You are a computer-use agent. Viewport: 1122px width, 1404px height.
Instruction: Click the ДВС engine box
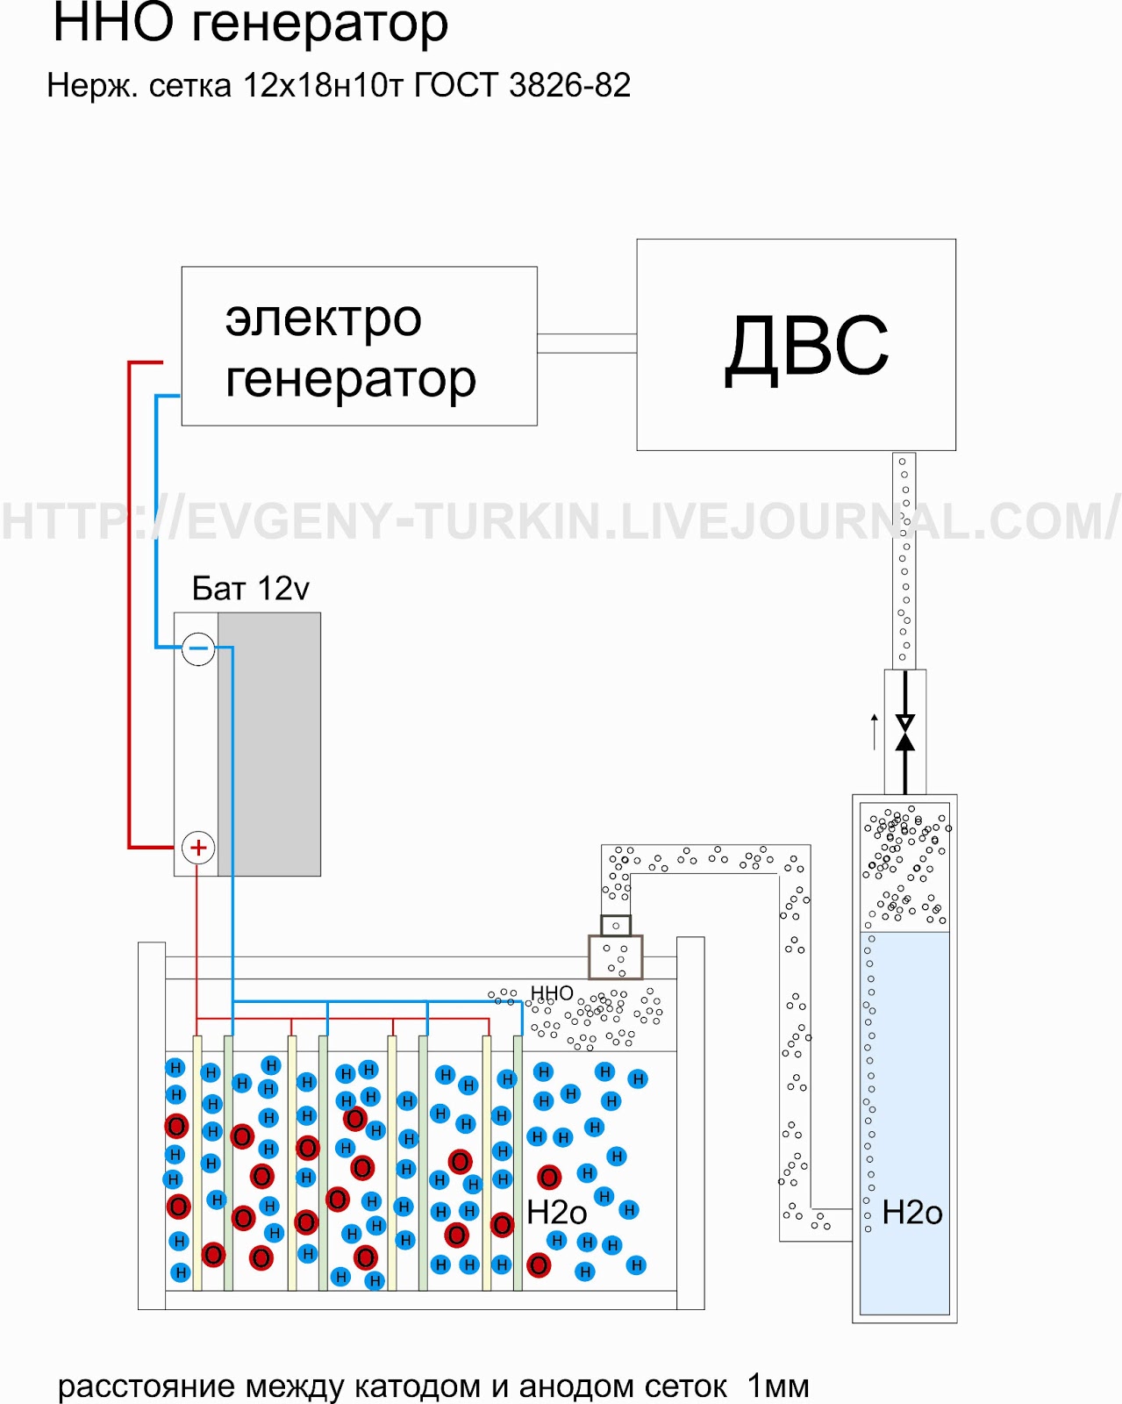coord(796,345)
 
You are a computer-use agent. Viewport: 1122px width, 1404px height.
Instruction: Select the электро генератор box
coord(359,347)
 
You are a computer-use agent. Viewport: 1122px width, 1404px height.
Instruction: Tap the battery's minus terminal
coord(198,648)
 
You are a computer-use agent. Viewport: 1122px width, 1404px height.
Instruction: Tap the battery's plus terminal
coord(198,848)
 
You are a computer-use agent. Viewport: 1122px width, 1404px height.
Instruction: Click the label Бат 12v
coord(250,588)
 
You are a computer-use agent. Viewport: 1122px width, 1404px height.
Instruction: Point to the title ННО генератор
coord(250,24)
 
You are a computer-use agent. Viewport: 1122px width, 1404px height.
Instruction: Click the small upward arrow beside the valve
coord(874,731)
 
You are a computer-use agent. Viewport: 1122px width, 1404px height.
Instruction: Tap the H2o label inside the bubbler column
coord(911,1213)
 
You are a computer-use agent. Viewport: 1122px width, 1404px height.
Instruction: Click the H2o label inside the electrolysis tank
coord(556,1213)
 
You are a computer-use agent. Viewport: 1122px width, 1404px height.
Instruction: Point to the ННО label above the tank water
coord(552,992)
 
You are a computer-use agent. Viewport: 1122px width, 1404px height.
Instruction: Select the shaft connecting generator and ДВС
coord(586,343)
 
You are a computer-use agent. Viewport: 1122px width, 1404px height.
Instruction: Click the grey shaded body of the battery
coord(269,744)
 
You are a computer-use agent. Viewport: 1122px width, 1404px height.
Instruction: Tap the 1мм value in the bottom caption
coord(778,1386)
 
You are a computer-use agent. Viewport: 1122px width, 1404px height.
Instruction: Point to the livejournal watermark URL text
coord(561,520)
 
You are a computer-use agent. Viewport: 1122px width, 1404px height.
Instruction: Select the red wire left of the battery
coord(130,605)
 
